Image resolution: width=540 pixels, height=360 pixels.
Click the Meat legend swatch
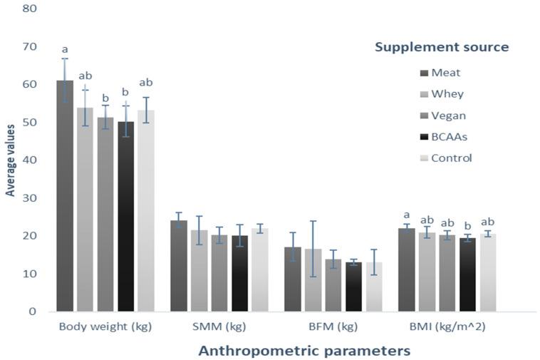coord(425,73)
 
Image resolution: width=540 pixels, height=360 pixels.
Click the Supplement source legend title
coord(442,47)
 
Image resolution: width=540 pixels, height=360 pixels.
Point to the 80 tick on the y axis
coord(28,9)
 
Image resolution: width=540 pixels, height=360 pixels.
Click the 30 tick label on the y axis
coord(28,198)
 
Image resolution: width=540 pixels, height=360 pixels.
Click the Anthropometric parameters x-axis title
coord(304,351)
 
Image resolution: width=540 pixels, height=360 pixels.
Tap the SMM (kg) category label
coord(219,327)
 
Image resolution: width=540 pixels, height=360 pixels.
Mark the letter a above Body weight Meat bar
coord(65,50)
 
